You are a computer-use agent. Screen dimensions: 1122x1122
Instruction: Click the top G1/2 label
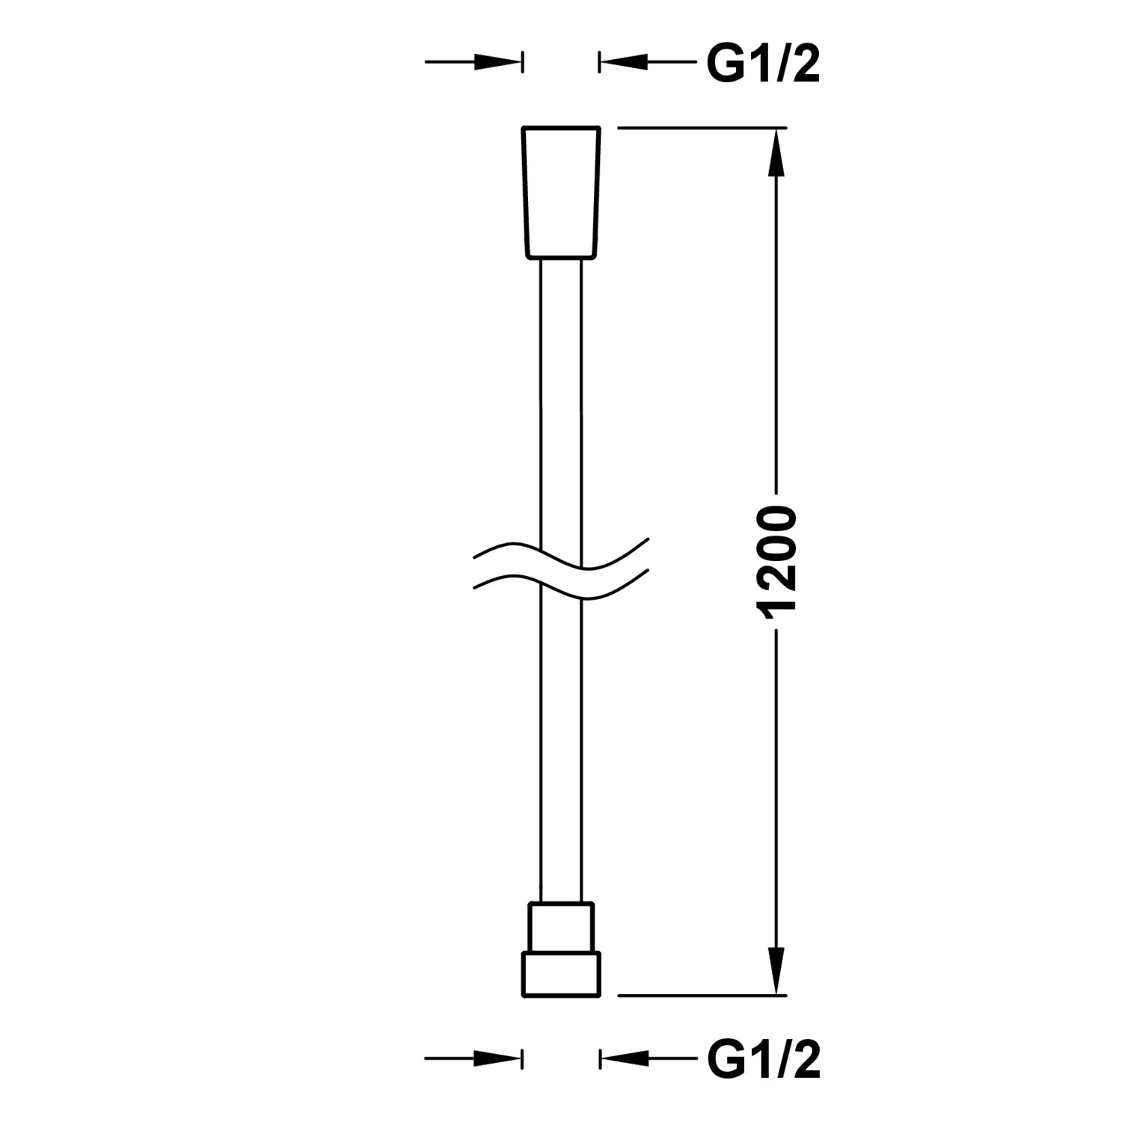(x=763, y=64)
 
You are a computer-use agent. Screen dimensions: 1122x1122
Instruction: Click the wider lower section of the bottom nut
(x=561, y=974)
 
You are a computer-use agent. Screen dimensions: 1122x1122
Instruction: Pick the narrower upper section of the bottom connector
(x=561, y=928)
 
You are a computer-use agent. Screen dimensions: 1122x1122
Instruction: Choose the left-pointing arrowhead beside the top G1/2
(x=624, y=61)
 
